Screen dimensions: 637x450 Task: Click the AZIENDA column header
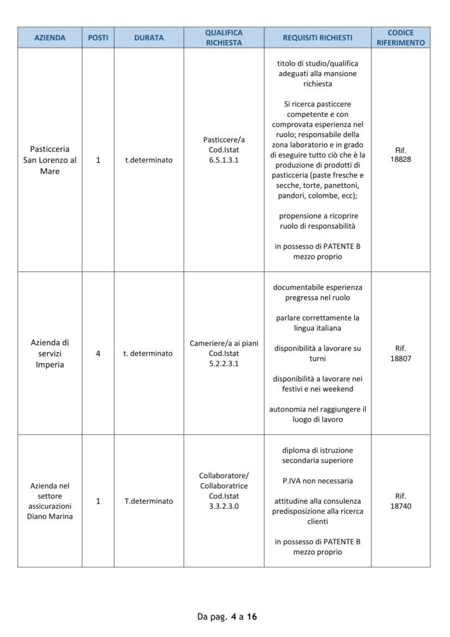50,38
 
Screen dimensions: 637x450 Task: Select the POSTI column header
98,38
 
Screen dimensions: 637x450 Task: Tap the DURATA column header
149,38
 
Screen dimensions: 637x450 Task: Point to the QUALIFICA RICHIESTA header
224,38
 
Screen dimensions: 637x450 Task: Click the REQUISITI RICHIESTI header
317,38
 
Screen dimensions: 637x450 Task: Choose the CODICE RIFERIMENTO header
400,38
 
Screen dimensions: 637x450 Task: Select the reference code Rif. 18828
400,155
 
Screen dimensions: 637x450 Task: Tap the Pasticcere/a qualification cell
224,150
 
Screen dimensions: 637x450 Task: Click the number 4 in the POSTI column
98,353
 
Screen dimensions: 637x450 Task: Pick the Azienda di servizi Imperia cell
50,353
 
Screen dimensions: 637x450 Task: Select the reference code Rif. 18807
400,353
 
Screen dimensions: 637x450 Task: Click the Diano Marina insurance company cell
50,501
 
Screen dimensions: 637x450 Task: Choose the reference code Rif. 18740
400,501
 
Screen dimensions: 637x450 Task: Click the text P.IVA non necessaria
317,481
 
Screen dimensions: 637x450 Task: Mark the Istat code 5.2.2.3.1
224,364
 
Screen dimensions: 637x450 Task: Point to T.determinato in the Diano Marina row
149,501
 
